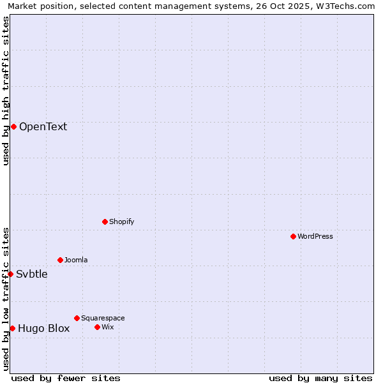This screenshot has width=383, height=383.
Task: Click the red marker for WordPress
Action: pos(293,236)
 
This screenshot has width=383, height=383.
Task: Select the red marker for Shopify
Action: pos(105,222)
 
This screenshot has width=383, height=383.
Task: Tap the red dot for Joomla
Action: pos(60,260)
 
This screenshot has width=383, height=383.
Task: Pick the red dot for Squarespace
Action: pos(77,318)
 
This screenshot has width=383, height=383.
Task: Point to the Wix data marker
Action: pos(97,327)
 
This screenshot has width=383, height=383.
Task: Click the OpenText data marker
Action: pos(13,126)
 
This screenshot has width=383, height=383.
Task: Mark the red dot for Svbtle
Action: pos(10,274)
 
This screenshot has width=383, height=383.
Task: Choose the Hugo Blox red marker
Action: pos(12,328)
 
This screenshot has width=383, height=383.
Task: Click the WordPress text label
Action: pos(315,236)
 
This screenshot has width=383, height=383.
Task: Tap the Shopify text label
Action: pos(121,222)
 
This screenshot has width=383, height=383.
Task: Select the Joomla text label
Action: pos(76,260)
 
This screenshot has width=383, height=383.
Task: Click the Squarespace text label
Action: pos(103,318)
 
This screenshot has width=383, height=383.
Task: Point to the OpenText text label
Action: pos(43,126)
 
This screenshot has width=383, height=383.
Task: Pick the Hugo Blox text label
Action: pos(43,329)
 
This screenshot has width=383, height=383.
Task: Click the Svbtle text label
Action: pos(32,274)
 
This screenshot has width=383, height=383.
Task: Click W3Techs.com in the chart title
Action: pos(347,6)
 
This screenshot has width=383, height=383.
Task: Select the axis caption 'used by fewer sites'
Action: pos(66,379)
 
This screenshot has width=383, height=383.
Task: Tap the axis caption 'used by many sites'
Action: pos(320,379)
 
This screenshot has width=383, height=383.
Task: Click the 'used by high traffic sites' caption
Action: pos(6,91)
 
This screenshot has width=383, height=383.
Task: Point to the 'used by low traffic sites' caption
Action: pos(6,299)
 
